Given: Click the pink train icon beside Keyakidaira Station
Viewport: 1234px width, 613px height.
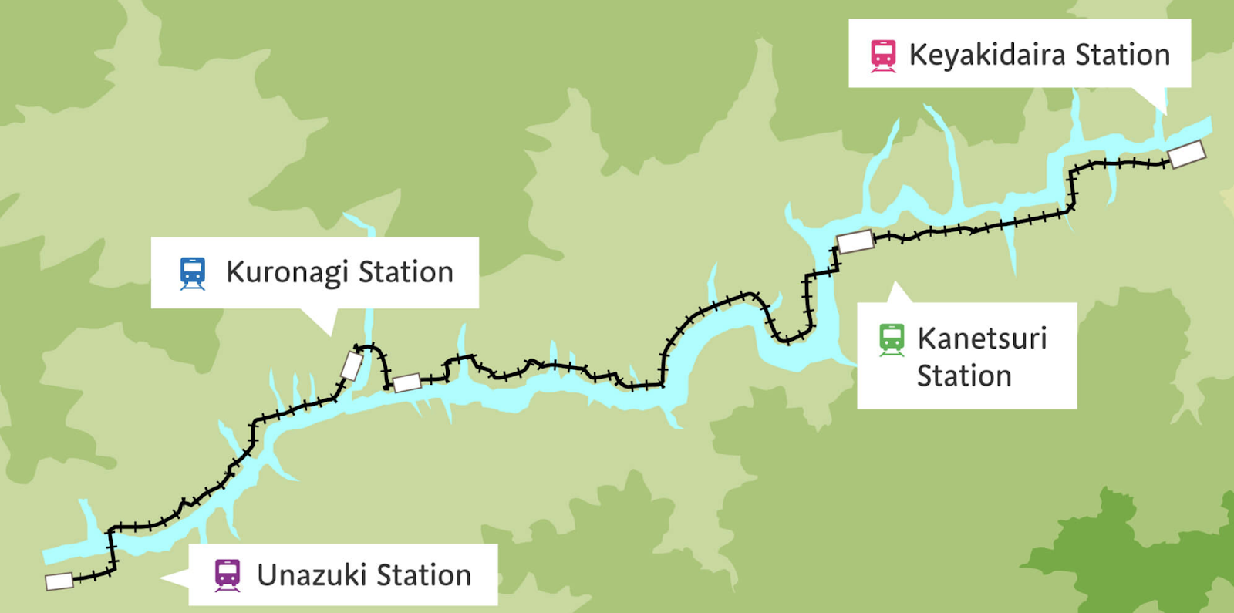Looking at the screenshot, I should point(883,56).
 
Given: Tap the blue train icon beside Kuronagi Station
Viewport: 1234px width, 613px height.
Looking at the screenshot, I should point(193,273).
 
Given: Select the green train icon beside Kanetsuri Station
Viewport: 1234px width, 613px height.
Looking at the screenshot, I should point(892,339).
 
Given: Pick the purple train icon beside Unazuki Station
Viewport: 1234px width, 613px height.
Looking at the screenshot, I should point(227,575).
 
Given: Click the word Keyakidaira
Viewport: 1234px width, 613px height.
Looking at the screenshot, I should point(987,56).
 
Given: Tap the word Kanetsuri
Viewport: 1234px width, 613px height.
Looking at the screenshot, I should point(982,338).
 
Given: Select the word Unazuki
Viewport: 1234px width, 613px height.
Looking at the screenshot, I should point(311,575).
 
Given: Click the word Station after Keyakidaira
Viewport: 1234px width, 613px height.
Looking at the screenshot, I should point(1122,56).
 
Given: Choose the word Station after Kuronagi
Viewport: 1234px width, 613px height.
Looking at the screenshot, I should point(406,273).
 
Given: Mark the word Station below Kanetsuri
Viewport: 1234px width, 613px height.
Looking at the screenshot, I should point(964,376).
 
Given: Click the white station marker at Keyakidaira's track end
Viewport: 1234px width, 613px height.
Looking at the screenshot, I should point(1187,154).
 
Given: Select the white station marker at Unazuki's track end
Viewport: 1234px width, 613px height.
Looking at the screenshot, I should point(59,581).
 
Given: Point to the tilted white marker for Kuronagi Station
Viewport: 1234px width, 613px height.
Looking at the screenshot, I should point(352,366).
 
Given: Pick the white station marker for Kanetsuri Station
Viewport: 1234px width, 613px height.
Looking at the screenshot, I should point(855,241).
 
